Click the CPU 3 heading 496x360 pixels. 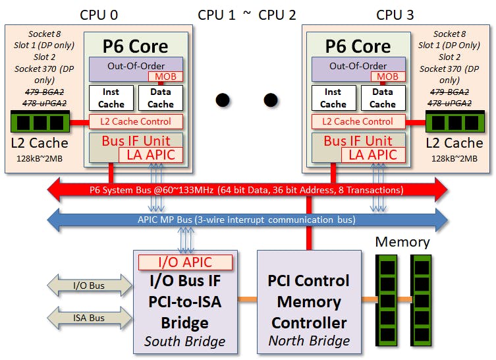pos(395,14)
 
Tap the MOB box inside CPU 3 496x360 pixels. pos(388,76)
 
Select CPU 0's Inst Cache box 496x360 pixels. pos(110,98)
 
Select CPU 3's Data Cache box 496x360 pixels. pos(382,98)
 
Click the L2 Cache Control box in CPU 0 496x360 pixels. pos(136,121)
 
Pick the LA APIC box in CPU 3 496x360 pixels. pos(372,155)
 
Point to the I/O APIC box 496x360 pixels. pos(184,262)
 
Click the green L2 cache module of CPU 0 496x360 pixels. pos(40,122)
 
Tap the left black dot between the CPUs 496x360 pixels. pos(223,100)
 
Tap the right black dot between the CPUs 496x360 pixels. pos(271,100)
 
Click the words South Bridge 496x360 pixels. pos(184,342)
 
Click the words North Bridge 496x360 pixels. pos(309,341)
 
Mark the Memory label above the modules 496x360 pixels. pos(402,241)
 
